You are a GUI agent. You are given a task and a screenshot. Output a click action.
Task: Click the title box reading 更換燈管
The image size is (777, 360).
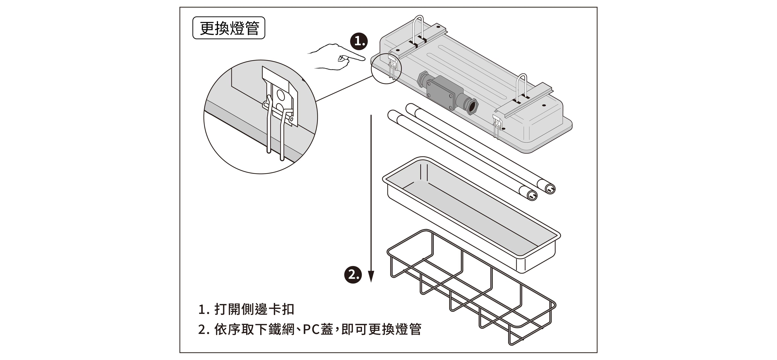[229, 28]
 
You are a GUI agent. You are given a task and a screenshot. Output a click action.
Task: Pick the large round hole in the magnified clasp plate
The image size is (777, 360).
[280, 95]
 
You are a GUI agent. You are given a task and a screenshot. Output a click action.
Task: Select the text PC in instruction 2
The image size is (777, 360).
[312, 329]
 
